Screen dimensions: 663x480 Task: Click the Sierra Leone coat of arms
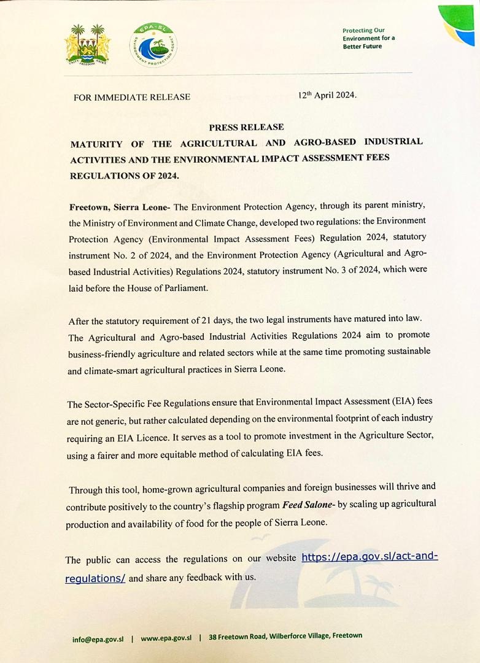88,46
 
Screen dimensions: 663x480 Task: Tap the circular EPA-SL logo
151,47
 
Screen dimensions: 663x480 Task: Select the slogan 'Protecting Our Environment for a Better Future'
368,38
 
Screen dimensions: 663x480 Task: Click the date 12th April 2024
327,96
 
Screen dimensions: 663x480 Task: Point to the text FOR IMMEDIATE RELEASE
132,97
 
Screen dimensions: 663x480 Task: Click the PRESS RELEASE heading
246,127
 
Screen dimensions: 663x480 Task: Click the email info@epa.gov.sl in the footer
98,638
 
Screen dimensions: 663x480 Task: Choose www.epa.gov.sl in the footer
166,638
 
